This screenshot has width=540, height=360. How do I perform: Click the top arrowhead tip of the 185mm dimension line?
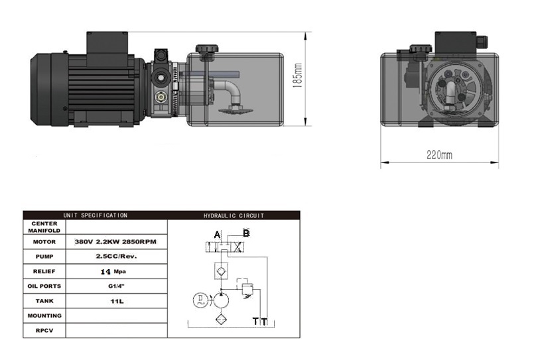click(x=305, y=32)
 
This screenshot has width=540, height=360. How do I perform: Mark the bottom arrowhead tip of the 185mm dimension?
click(x=305, y=125)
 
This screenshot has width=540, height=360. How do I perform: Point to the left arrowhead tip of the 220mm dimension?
click(x=381, y=162)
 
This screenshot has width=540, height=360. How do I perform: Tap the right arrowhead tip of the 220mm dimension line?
click(x=498, y=162)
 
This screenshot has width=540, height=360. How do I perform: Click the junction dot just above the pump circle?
click(x=221, y=289)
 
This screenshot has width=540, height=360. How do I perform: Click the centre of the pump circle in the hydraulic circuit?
click(x=221, y=300)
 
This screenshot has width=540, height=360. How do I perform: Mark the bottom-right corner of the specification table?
click(x=300, y=337)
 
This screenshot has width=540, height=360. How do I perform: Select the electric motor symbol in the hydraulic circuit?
click(x=200, y=300)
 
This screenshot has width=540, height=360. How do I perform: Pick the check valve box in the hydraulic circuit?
click(x=221, y=271)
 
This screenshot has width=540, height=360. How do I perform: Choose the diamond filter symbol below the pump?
click(x=221, y=320)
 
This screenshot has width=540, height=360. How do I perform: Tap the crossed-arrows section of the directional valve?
click(x=237, y=247)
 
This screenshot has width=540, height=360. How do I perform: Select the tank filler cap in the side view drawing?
click(x=206, y=48)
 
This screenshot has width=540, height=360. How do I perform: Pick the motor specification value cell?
click(x=116, y=241)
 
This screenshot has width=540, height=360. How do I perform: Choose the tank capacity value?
click(x=117, y=302)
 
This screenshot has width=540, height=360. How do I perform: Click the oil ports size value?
click(x=116, y=286)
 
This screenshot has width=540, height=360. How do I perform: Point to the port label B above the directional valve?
click(x=246, y=233)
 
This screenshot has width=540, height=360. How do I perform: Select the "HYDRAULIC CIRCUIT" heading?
click(x=234, y=215)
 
